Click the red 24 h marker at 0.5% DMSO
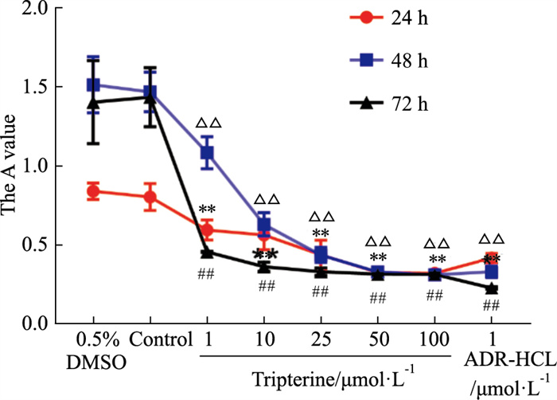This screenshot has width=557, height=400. click(x=93, y=191)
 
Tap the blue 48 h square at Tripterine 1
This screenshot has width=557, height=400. click(x=207, y=153)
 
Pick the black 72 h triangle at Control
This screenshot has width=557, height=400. click(x=150, y=97)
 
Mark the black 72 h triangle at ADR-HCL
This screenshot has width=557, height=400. click(x=492, y=288)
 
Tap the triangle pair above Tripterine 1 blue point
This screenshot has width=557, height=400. click(x=208, y=124)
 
